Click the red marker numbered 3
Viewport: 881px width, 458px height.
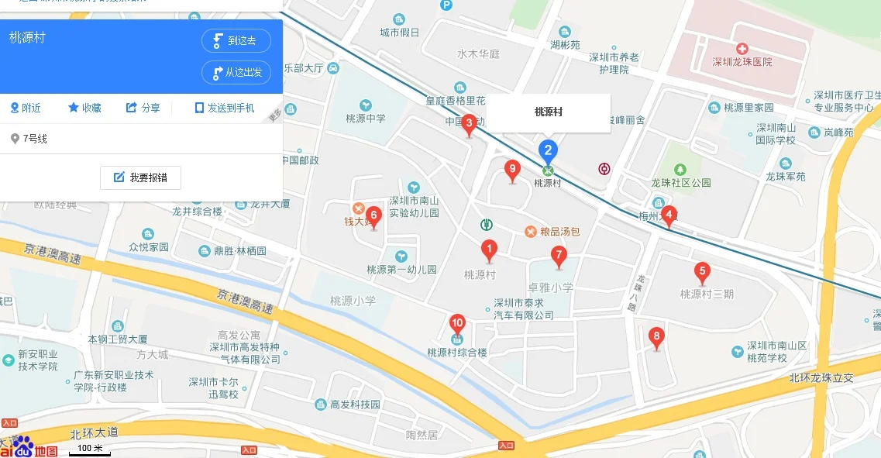469,123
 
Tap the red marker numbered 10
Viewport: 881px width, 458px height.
457,324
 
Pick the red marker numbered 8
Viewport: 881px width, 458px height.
657,337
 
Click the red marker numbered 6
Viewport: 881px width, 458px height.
373,216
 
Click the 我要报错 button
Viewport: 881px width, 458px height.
140,177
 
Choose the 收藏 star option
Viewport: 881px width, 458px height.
84,108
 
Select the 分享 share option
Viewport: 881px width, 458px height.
143,108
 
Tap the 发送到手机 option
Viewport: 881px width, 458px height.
225,108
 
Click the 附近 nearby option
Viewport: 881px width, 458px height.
26,108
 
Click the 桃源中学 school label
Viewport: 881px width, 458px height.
366,119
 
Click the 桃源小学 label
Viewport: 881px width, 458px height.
353,301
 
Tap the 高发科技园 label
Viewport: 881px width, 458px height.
355,405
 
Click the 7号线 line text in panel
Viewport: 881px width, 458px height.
35,139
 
